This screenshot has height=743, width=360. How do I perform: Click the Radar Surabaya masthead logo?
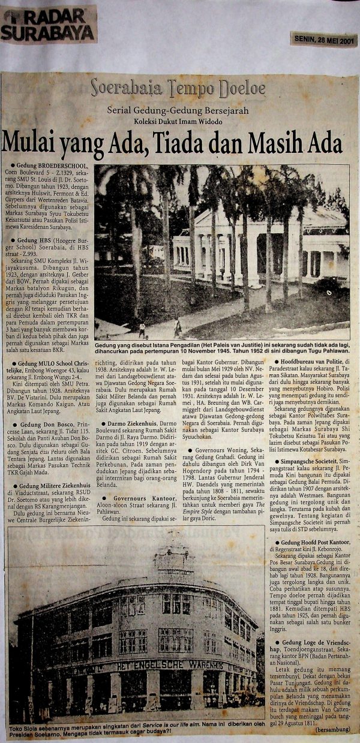[48, 26]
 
